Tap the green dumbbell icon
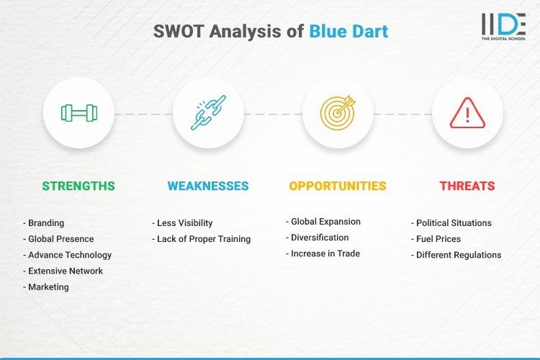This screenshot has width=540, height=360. (78, 113)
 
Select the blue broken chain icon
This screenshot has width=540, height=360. (208, 113)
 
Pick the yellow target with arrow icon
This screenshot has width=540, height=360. (338, 113)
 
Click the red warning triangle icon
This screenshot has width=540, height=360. (467, 113)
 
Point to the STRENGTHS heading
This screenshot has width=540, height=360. (78, 186)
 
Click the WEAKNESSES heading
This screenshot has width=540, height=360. (208, 186)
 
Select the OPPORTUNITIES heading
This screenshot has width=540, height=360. (338, 186)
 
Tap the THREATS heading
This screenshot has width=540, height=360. (467, 186)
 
